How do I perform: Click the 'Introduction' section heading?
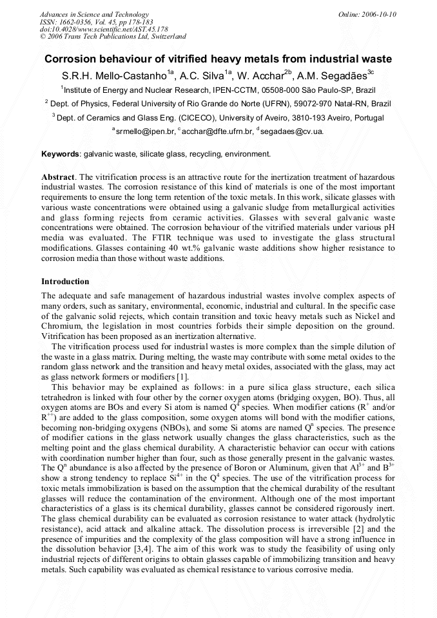point(65,282)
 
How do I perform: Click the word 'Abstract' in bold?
point(58,177)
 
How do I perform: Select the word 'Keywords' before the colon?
point(59,154)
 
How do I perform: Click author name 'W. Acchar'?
point(262,75)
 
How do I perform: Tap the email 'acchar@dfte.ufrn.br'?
point(218,131)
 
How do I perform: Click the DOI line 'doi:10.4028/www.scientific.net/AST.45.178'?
point(104,30)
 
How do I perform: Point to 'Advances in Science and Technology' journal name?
point(94,14)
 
